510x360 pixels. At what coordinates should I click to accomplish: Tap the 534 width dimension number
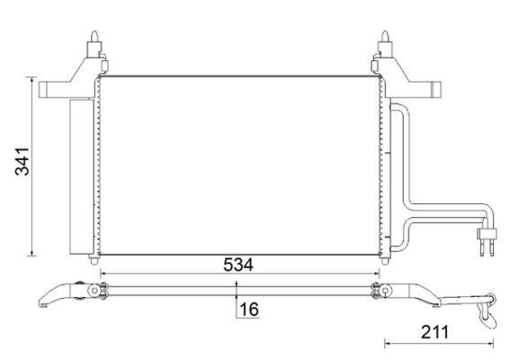(240, 265)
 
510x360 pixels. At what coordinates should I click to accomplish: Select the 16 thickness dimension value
(249, 309)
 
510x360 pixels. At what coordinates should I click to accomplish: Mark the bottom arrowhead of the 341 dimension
(33, 252)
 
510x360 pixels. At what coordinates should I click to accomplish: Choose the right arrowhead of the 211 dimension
(494, 341)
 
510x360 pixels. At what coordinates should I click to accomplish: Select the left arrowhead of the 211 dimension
(387, 341)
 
